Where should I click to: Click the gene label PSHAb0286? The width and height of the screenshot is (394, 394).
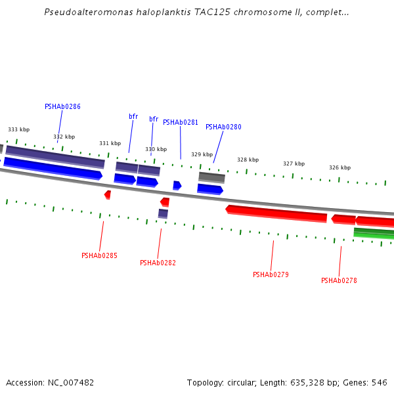coord(62,106)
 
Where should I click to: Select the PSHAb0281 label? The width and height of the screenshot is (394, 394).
coord(180,122)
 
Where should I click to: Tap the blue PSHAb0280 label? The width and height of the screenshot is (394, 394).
coord(223,127)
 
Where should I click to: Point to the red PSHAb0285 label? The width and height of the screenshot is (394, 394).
coord(99,255)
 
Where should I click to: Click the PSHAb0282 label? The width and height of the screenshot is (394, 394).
coord(158,263)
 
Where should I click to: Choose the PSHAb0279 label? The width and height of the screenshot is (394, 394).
coord(271,274)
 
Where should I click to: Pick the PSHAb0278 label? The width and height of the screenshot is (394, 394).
coord(339,280)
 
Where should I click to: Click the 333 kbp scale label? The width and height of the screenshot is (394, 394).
coord(18,130)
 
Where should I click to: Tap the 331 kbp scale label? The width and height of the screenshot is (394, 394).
coord(110,143)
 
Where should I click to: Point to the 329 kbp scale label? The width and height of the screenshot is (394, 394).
coord(202,155)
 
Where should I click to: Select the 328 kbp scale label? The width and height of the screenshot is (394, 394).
coord(248,160)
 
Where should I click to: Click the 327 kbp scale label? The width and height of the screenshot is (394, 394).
coord(294,164)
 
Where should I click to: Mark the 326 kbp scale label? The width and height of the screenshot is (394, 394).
coord(339,167)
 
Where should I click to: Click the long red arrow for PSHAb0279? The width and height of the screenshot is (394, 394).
coord(276,213)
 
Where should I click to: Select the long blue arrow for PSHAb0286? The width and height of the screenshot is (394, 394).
coord(53,168)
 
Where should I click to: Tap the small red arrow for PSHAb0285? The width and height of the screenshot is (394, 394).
coord(108,194)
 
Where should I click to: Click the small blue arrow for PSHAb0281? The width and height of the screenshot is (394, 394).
coord(177,186)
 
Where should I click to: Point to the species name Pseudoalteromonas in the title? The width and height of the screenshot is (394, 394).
coord(82,12)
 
